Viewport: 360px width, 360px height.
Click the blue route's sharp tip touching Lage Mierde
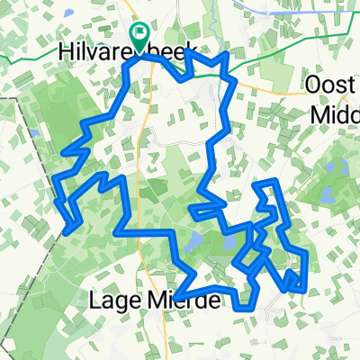[x=176, y=297]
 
